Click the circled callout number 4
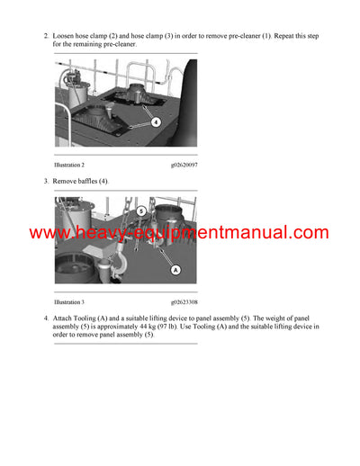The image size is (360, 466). (x=156, y=121)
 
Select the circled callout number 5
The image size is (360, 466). (x=141, y=211)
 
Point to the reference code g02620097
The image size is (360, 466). (x=184, y=166)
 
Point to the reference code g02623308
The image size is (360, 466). (x=184, y=301)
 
